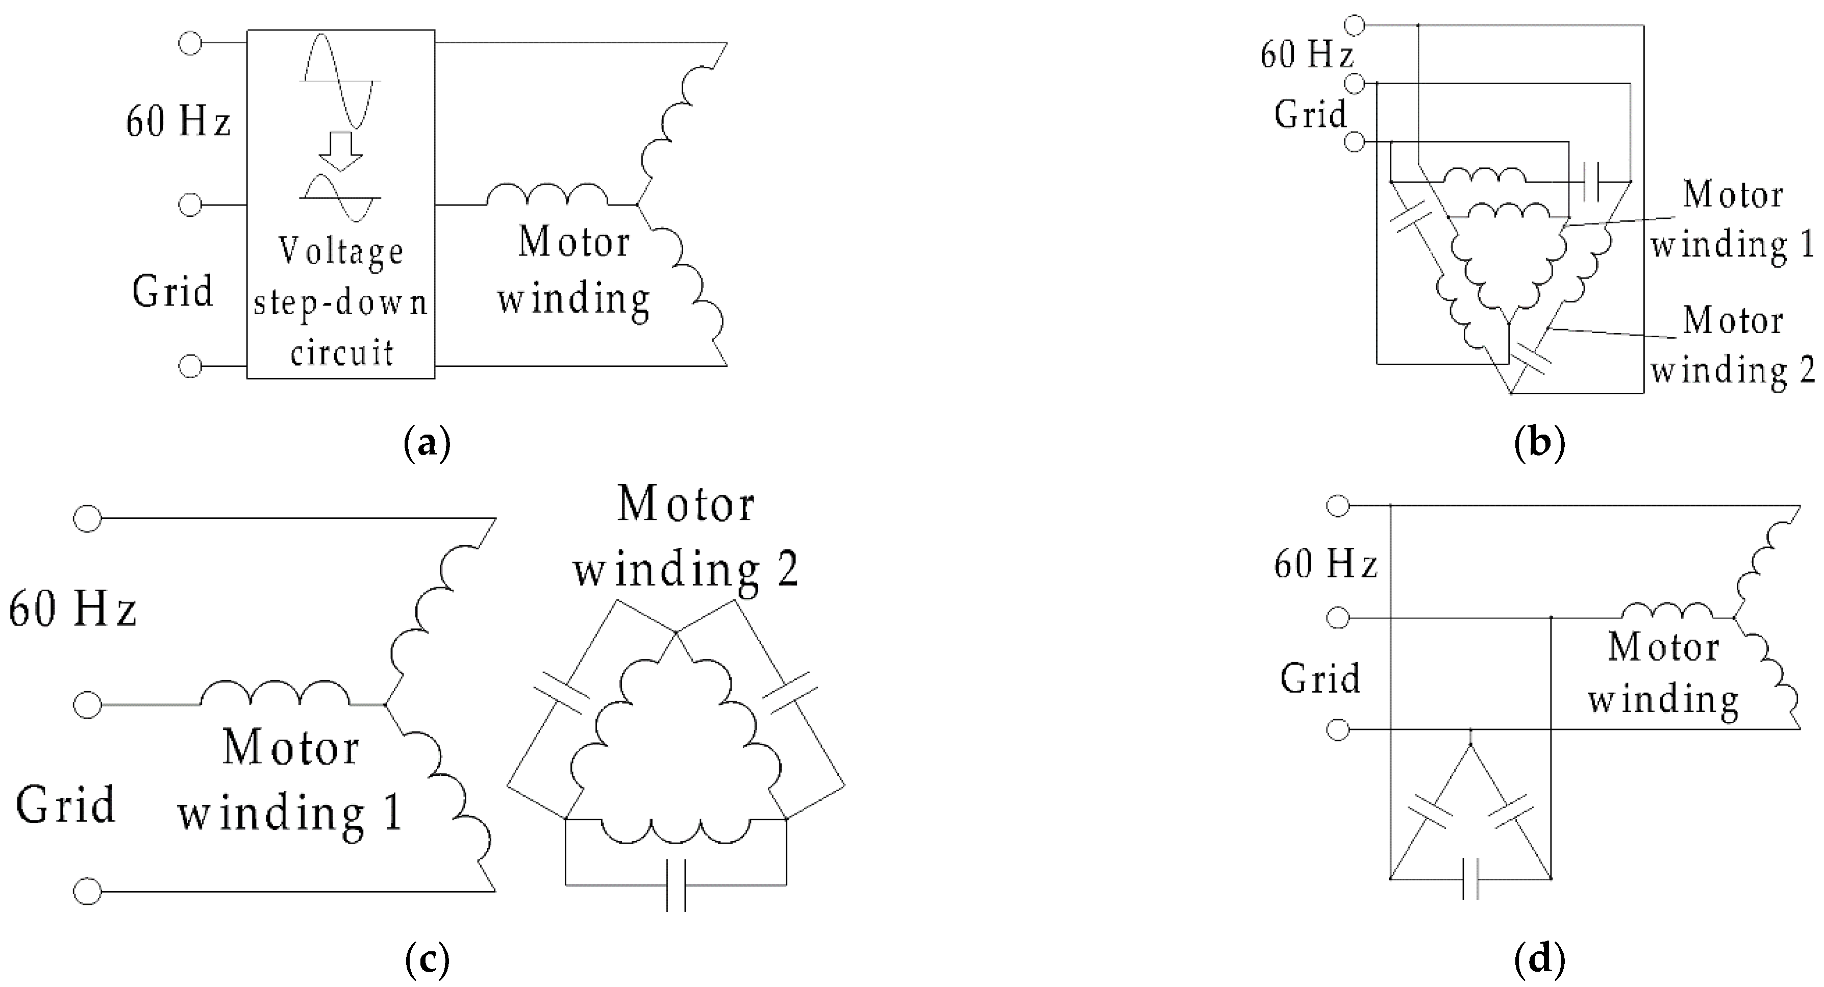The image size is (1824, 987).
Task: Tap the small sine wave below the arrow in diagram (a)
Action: pos(340,198)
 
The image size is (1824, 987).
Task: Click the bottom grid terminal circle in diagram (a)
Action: pos(190,366)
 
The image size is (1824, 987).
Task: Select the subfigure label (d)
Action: pos(1539,960)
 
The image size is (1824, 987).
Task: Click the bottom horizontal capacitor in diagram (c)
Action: pos(676,885)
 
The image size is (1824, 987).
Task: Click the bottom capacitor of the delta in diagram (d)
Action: pos(1470,879)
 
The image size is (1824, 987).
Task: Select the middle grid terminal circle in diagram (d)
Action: pos(1338,618)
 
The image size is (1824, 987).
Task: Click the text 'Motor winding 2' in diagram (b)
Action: pos(1732,345)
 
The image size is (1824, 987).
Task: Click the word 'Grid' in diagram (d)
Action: pos(1320,678)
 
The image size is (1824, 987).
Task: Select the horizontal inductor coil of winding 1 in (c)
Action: pos(274,694)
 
